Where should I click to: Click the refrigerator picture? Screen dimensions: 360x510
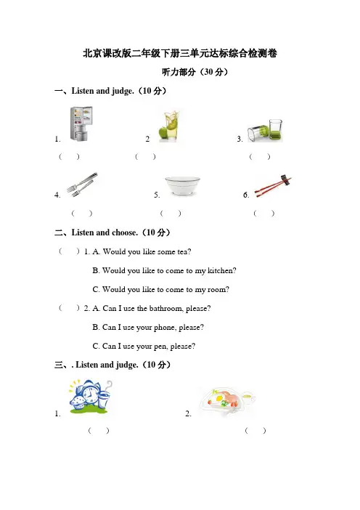click(x=81, y=124)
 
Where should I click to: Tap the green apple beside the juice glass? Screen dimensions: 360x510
click(x=163, y=133)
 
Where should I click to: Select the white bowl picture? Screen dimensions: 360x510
click(x=182, y=186)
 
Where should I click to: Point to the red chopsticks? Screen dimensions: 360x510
click(x=273, y=186)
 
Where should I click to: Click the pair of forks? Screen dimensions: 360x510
click(x=83, y=184)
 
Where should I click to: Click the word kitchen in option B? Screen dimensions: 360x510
click(x=221, y=270)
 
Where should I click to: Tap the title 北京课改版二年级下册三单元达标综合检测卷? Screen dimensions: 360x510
click(x=180, y=53)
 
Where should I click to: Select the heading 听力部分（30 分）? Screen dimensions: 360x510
click(x=195, y=72)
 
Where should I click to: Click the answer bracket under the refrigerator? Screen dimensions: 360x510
click(x=69, y=157)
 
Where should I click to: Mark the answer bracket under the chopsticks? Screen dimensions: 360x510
click(x=263, y=214)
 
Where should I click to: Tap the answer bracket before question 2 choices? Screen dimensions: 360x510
click(x=69, y=308)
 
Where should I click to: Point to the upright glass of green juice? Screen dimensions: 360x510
click(x=276, y=130)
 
